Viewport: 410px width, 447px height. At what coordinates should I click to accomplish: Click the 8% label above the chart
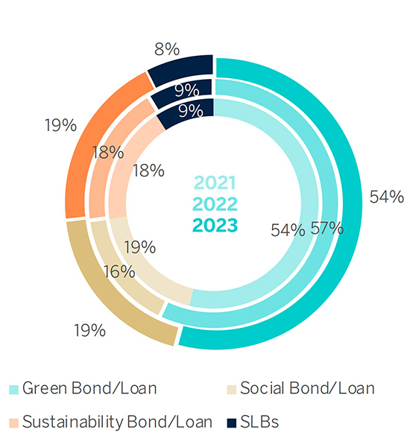pos(166,49)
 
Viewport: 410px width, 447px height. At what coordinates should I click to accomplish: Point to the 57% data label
pos(327,229)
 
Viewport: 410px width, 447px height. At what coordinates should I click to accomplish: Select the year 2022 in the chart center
pos(215,204)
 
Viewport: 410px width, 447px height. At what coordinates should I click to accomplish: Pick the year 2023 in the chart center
pos(215,225)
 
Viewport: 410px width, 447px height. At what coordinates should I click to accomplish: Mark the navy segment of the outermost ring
pos(183,68)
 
